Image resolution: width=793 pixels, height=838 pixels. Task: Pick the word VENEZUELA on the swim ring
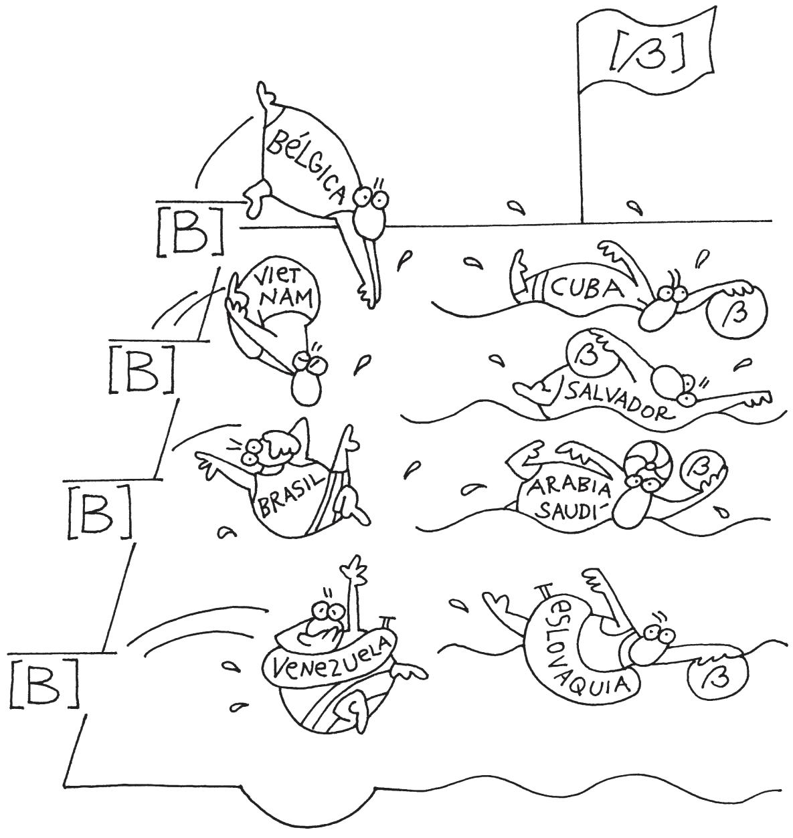pos(328,657)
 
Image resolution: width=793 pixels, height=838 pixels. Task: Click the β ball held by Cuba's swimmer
pos(739,315)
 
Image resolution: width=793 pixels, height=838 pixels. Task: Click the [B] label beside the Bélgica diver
pos(189,231)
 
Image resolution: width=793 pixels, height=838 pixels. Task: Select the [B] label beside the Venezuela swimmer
pos(44,683)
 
